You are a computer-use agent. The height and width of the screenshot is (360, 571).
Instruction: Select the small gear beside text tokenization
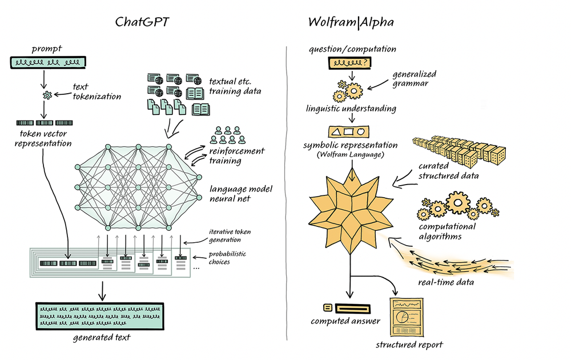pyautogui.click(x=48, y=95)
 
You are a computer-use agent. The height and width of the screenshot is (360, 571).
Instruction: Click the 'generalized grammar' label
pyautogui.click(x=413, y=78)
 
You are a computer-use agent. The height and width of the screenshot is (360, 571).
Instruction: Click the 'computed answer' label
pyautogui.click(x=345, y=321)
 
